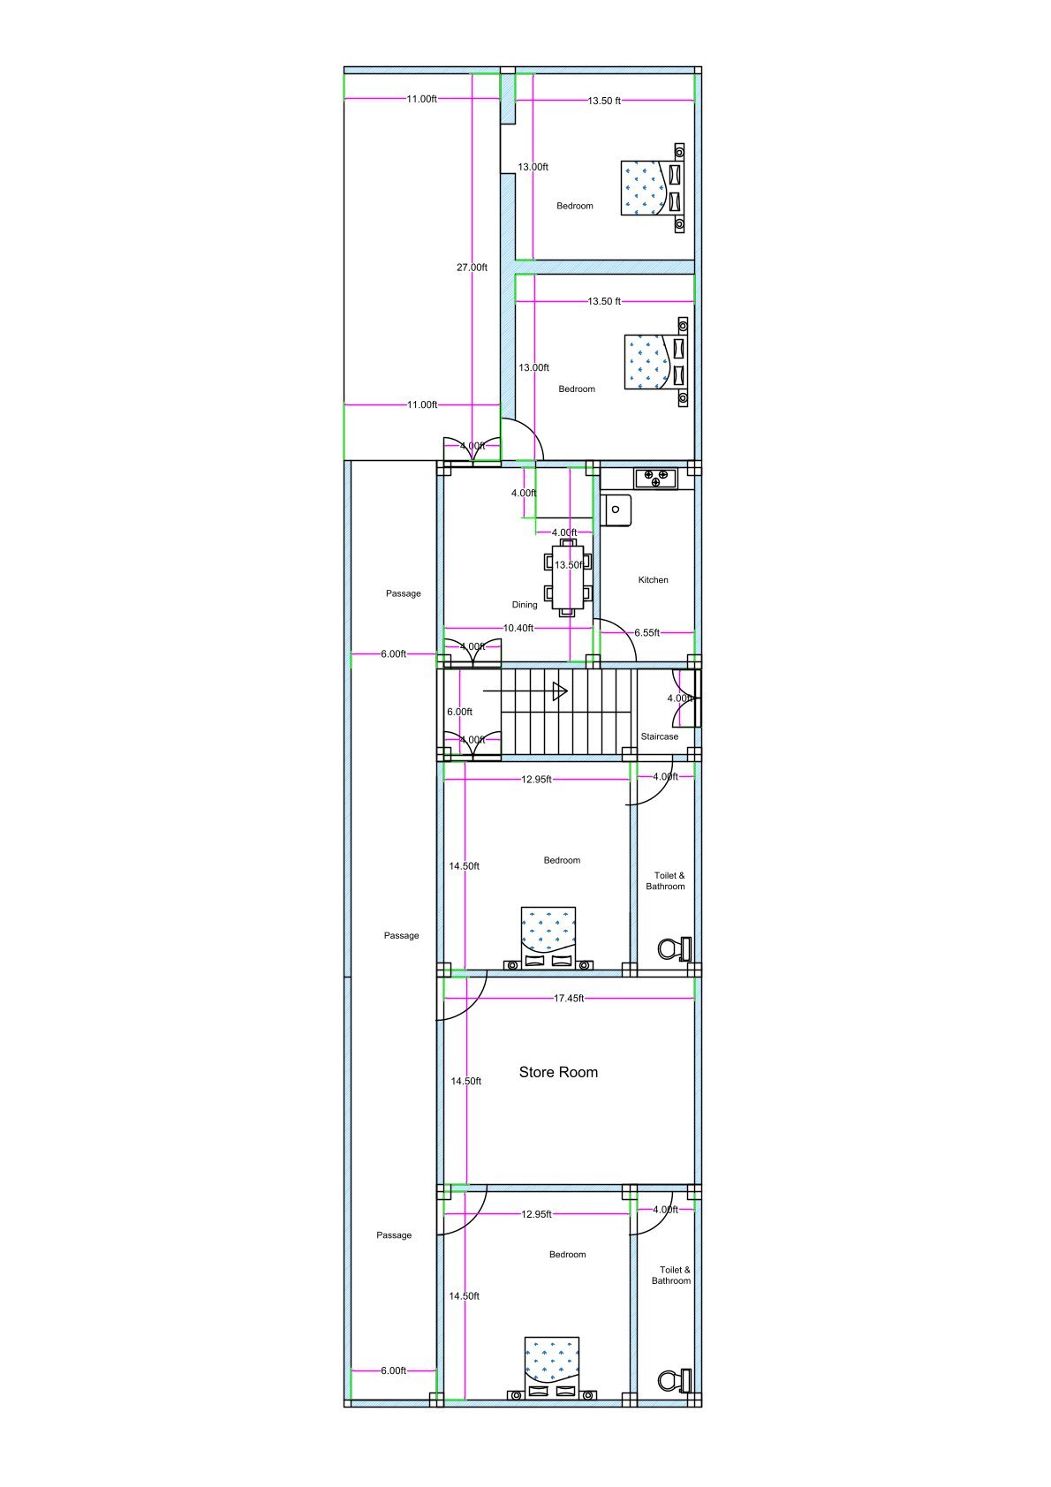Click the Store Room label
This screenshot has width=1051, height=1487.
[x=558, y=1072]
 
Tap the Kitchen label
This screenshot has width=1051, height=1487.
[x=653, y=580]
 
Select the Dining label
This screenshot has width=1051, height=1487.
[x=525, y=605]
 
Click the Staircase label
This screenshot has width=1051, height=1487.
[x=660, y=736]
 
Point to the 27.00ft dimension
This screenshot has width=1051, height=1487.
[x=472, y=268]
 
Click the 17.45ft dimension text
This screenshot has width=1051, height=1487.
[x=568, y=999]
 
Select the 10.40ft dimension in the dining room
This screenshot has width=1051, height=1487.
[x=518, y=629]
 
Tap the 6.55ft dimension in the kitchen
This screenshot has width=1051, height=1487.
[x=646, y=633]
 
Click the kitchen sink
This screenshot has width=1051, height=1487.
[x=616, y=510]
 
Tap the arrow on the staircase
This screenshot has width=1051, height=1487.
[x=559, y=691]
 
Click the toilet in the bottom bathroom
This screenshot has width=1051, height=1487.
[x=674, y=1380]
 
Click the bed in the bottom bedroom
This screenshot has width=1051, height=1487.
[x=552, y=1366]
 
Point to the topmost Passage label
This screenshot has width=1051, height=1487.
[x=403, y=593]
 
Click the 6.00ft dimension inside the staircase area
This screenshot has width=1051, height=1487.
[x=459, y=712]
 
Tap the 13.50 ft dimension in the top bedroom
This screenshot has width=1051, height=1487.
[x=604, y=101]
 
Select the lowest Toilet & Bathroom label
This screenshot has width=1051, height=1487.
[x=671, y=1275]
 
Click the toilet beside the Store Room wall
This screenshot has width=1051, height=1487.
[x=674, y=949]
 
